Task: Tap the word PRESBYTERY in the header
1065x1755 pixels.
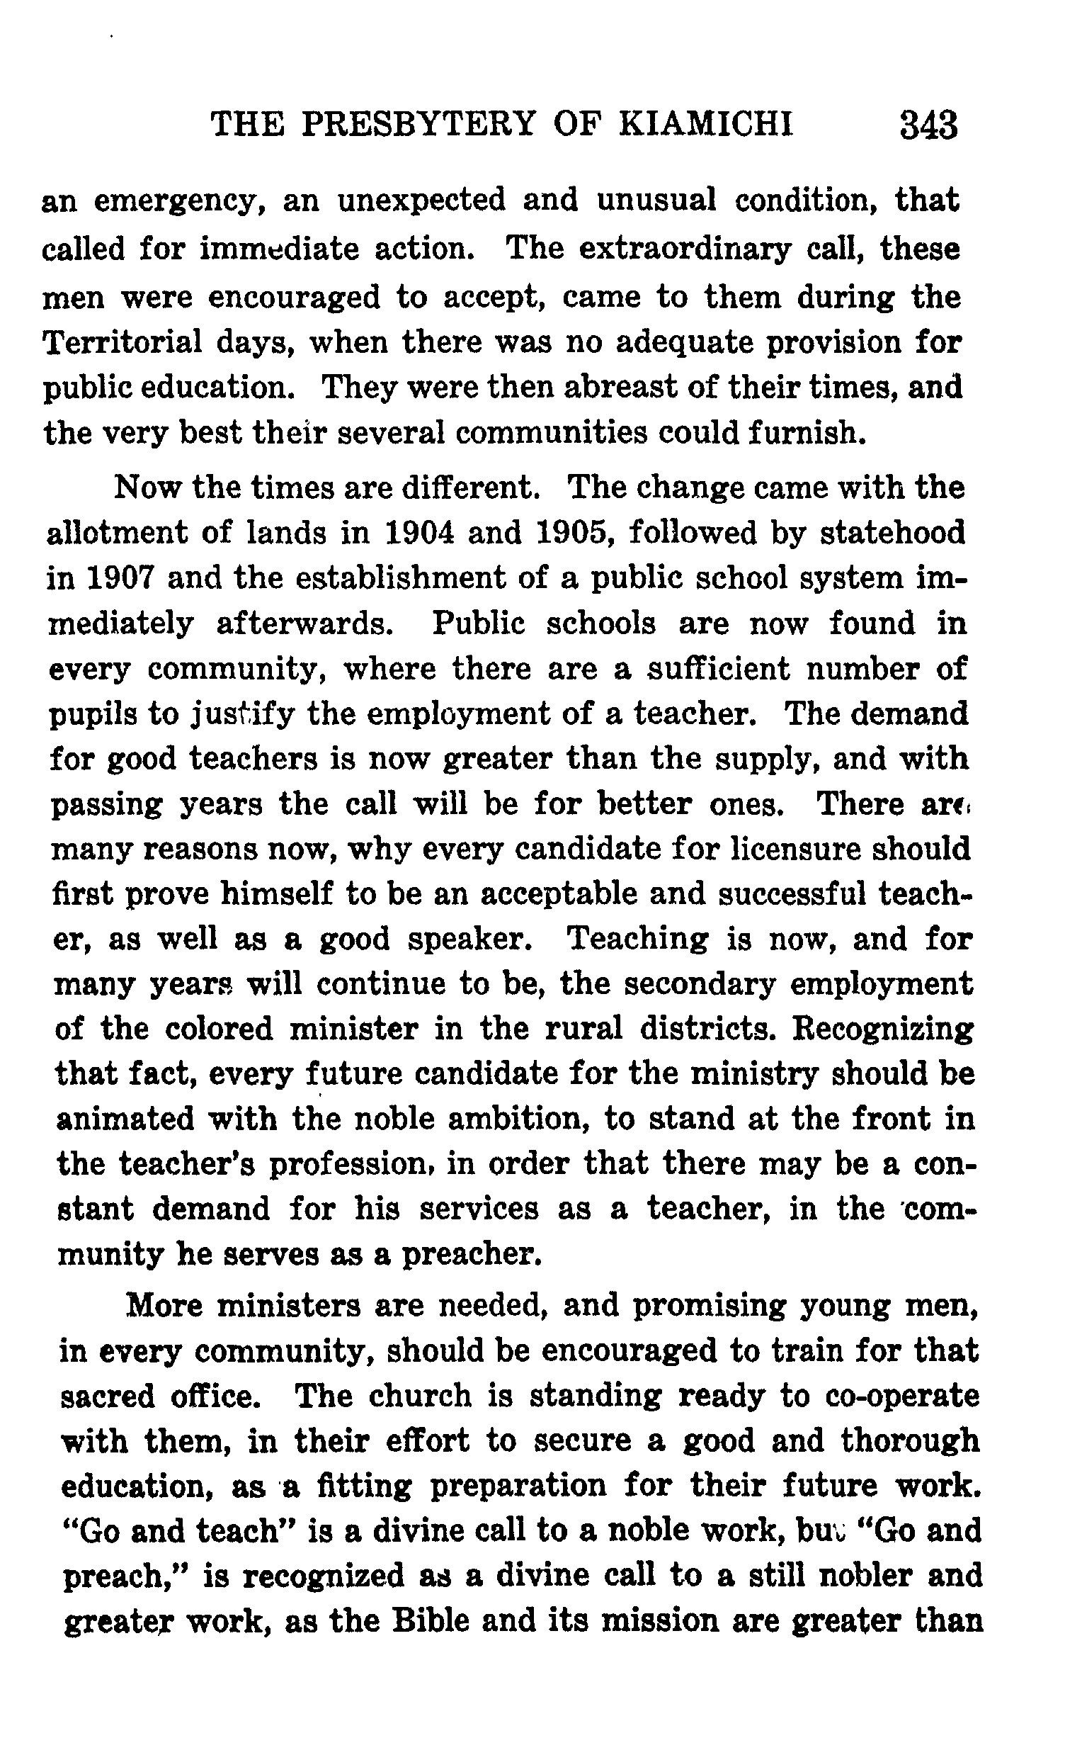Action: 418,125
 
